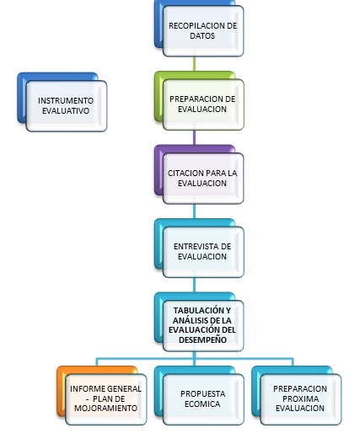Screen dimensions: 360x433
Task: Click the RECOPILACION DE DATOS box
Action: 203,31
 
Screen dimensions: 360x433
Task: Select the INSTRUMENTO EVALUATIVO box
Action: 67,106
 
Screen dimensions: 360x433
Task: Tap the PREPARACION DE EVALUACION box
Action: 203,104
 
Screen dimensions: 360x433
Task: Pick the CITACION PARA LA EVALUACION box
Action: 203,179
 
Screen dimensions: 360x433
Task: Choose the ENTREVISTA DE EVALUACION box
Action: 203,252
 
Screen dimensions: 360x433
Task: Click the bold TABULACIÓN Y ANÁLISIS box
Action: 203,326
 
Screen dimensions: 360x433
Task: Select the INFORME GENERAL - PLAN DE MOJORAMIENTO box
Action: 106,399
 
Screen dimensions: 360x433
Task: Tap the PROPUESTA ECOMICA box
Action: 203,399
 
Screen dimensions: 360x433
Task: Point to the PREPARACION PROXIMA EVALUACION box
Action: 301,399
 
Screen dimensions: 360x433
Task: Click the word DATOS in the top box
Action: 202,36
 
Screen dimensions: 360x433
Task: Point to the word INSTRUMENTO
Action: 66,100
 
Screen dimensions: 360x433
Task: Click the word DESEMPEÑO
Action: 202,339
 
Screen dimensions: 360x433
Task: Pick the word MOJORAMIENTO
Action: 105,408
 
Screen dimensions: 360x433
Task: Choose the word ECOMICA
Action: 202,404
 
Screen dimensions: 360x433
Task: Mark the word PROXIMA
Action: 300,398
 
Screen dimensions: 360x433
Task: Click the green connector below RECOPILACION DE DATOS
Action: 195,64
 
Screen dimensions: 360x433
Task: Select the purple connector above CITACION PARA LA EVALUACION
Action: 195,137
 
